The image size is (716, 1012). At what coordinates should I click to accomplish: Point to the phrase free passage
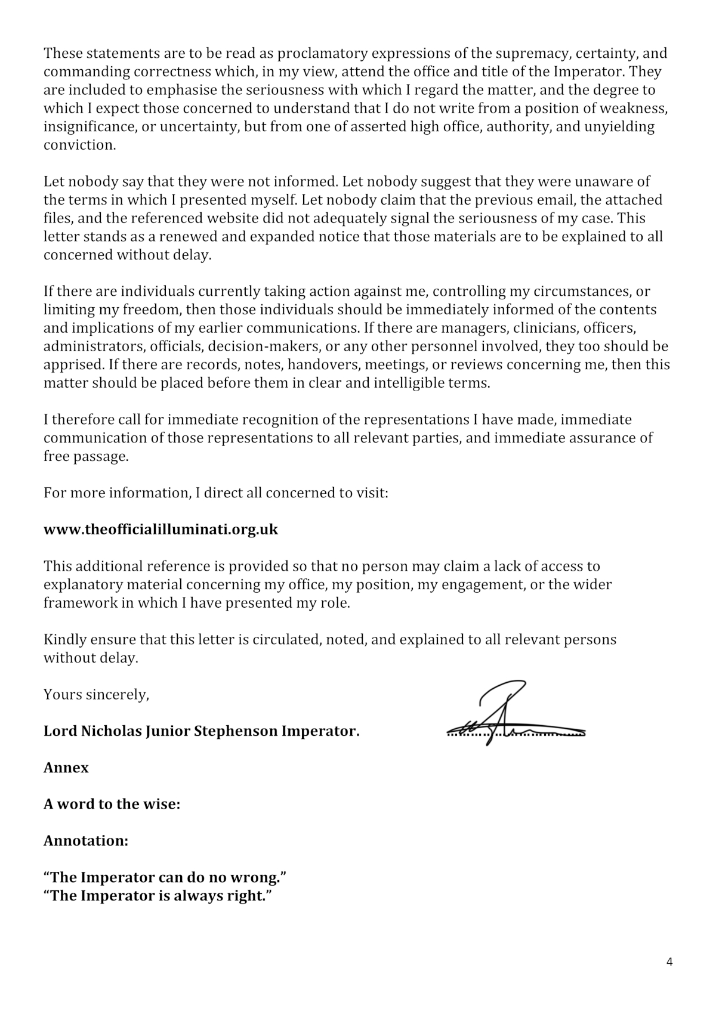[x=85, y=457]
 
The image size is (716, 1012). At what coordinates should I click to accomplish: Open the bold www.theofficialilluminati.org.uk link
[x=161, y=530]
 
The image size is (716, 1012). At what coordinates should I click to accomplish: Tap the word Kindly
[x=64, y=640]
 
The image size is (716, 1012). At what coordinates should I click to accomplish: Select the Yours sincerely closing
[x=96, y=695]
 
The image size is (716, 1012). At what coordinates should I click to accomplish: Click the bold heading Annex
[x=66, y=768]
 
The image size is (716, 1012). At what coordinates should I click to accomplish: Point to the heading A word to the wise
[x=112, y=804]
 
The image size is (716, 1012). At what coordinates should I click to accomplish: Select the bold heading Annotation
[x=85, y=841]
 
